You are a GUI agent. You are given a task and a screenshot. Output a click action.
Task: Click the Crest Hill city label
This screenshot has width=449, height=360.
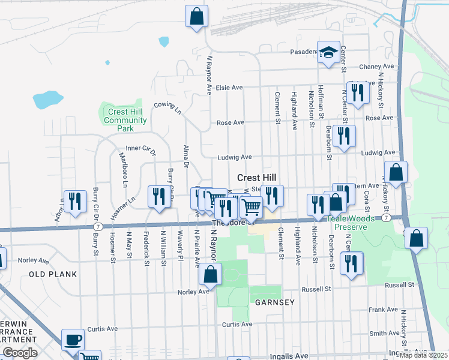257,178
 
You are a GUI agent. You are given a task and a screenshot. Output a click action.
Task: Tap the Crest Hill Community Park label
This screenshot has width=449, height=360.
125,120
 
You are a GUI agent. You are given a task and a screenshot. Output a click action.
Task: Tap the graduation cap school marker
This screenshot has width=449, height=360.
328,52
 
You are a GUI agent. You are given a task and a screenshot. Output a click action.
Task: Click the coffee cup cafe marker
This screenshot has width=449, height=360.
73,339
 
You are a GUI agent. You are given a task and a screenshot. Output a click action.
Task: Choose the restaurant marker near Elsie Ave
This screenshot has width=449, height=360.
358,93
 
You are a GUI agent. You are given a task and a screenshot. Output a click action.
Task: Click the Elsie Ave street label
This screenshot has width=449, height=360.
230,88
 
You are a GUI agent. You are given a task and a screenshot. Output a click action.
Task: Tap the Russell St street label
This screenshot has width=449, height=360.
316,289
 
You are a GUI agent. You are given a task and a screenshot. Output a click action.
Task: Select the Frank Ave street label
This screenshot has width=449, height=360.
384,310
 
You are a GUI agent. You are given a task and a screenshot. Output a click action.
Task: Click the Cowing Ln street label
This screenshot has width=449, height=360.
167,107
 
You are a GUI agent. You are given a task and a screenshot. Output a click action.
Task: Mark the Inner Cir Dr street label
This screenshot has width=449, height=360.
140,148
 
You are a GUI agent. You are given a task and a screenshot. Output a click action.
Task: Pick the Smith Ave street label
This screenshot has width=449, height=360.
385,333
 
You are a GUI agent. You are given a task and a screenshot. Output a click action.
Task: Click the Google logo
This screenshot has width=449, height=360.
19,353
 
